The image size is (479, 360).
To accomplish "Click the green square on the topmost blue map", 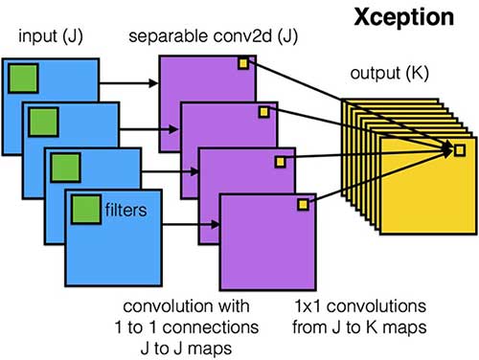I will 23,78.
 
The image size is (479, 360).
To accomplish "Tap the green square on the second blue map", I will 44,121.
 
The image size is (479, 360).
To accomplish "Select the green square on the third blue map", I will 65,164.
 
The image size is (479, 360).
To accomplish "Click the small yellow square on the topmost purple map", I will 243,63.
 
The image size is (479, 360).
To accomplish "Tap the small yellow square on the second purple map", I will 263,111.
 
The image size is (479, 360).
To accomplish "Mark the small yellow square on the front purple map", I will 304,203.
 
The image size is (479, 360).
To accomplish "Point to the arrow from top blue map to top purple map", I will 128,81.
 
